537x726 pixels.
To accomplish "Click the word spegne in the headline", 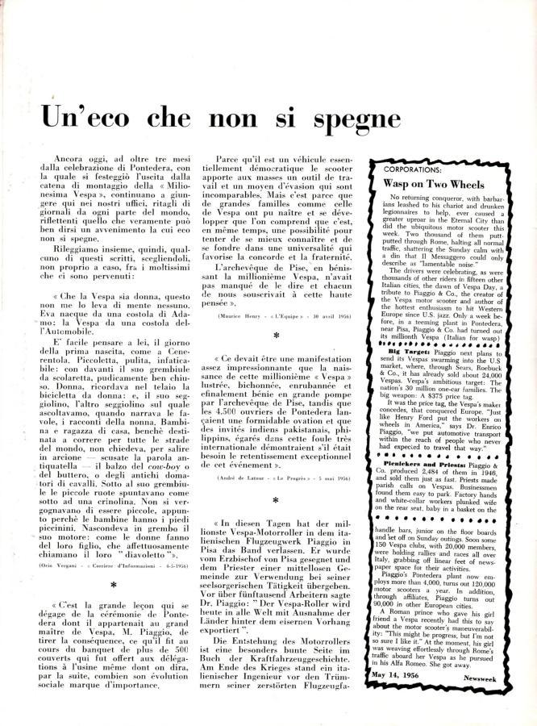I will point(348,119).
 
